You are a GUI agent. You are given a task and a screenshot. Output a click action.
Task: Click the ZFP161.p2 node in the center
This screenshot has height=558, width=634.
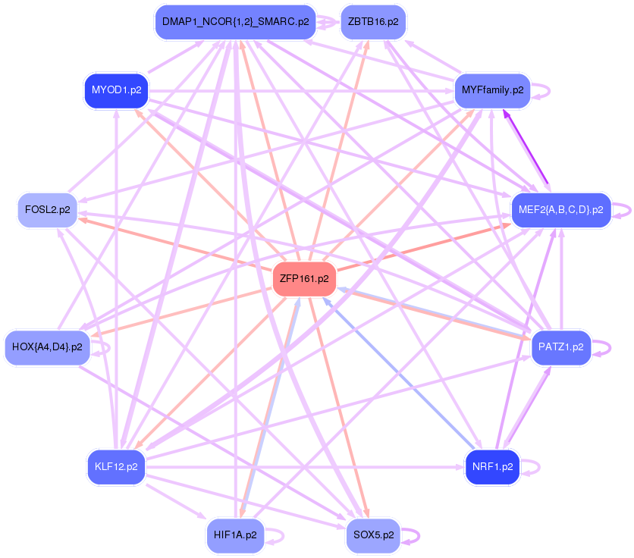[x=303, y=278]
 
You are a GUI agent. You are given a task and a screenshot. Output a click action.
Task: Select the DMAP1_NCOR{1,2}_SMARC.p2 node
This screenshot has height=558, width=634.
[x=235, y=22]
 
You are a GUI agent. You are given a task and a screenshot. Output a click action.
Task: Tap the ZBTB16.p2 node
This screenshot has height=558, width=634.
[x=372, y=22]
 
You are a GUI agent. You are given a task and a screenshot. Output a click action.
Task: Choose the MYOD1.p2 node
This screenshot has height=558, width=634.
[x=116, y=90]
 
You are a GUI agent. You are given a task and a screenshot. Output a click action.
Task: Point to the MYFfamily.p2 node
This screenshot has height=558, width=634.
[x=492, y=90]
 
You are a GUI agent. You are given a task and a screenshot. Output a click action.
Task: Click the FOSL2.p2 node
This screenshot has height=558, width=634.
[x=47, y=210]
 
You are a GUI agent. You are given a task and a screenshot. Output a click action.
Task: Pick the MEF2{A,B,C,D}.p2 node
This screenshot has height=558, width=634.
[x=560, y=210]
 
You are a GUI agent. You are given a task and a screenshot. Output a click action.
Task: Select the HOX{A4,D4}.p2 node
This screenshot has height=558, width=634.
[x=47, y=347]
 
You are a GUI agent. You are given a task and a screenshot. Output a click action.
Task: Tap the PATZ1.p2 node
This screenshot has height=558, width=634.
[x=560, y=347]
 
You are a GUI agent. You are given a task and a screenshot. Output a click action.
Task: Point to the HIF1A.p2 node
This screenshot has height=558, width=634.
[x=235, y=535]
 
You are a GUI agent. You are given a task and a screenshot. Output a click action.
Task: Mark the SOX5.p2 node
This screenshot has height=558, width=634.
[x=372, y=535]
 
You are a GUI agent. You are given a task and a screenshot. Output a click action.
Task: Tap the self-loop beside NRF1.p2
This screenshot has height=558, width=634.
[x=538, y=466]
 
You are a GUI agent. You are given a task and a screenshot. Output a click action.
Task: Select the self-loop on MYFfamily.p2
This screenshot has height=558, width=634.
[x=548, y=90]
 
